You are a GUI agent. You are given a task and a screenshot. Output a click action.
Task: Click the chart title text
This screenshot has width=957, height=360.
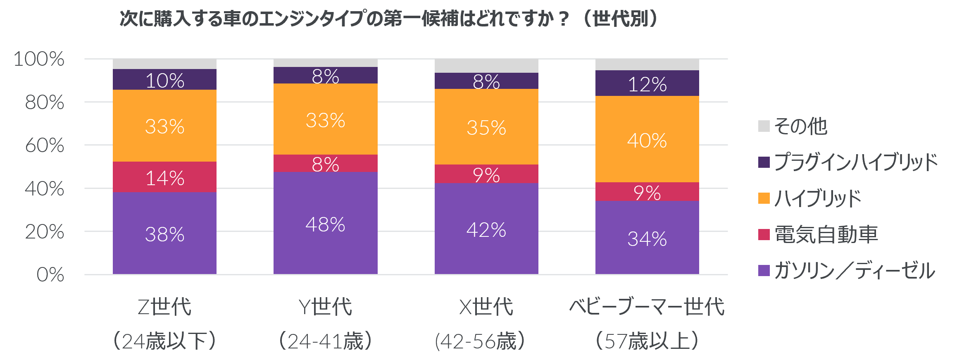(x=388, y=19)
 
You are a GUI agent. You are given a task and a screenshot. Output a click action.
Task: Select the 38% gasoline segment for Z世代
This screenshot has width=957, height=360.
(x=164, y=234)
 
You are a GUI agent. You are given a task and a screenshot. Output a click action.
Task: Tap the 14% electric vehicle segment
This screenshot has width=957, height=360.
(x=164, y=178)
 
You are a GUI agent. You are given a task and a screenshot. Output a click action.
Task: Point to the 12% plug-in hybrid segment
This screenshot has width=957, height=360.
(x=647, y=84)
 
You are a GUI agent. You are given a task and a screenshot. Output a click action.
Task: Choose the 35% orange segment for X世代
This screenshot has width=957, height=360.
(x=486, y=127)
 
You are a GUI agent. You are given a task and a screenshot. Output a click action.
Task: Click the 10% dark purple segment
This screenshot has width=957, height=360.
(x=164, y=80)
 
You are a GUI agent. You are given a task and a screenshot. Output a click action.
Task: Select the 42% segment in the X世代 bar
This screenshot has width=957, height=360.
(x=486, y=229)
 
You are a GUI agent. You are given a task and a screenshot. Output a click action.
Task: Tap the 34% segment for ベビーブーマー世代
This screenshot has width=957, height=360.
(x=647, y=238)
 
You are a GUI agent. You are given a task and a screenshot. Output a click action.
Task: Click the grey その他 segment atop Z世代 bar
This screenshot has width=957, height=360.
(x=164, y=64)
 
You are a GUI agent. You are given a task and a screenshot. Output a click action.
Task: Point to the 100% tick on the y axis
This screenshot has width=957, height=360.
(x=39, y=59)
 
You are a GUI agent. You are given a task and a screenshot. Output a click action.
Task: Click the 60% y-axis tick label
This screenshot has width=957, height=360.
(x=45, y=145)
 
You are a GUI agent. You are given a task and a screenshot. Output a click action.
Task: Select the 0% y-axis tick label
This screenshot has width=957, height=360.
(x=50, y=274)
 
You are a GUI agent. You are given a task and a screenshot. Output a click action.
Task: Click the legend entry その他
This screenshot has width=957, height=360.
(x=800, y=126)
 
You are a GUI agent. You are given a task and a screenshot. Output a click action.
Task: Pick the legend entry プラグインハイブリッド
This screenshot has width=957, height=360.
(x=855, y=162)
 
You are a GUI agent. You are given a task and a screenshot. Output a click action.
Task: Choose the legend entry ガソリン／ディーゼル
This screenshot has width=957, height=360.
(x=854, y=271)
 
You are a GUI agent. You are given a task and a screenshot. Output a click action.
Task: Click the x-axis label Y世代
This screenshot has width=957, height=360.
(x=325, y=307)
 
